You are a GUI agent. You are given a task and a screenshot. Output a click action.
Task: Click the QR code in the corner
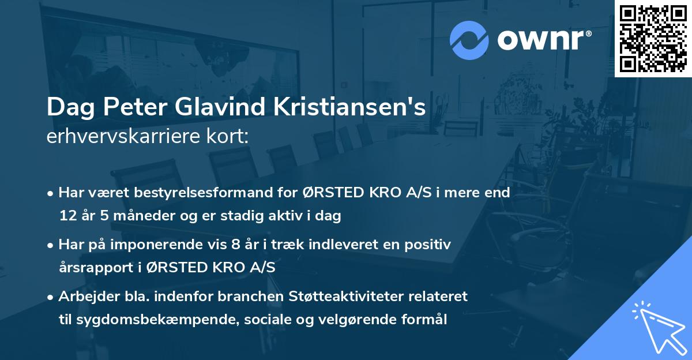(653, 39)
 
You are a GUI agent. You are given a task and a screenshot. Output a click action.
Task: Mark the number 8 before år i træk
(235, 245)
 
